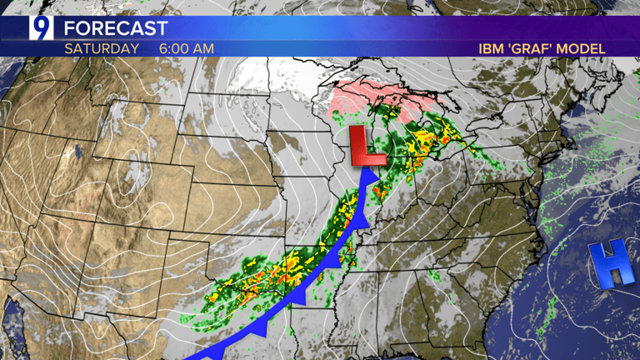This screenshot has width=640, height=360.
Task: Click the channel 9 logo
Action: coord(40,27)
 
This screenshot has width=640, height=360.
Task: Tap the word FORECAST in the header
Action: coord(116,28)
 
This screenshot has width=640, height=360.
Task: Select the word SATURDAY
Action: coord(102,48)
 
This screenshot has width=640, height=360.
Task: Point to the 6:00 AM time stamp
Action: coord(187,48)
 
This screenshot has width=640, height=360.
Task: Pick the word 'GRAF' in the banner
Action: coord(531,49)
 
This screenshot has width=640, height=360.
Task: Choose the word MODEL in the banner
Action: coord(582,49)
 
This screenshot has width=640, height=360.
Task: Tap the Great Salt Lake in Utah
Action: coord(76,152)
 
